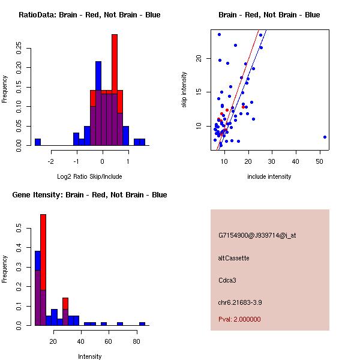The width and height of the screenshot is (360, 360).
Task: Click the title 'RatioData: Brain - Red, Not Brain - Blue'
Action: coord(89,15)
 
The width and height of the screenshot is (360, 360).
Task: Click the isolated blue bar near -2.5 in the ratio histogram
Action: coord(37,142)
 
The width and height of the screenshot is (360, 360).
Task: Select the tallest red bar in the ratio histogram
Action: coord(115,90)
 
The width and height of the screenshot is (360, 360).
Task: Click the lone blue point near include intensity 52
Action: coord(325,137)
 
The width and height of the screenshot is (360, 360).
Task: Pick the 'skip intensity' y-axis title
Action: coord(184,90)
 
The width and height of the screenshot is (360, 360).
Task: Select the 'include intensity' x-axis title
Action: coord(269,176)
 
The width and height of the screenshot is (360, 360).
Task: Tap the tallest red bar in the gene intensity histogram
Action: coord(43,270)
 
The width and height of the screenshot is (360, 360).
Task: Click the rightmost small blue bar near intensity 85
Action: coord(142,323)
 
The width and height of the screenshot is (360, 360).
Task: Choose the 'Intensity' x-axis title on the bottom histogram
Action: coord(90,356)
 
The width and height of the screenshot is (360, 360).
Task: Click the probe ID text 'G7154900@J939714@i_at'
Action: coord(257,235)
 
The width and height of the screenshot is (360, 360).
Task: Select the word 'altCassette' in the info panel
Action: coord(234,258)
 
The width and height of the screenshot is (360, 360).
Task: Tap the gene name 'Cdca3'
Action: coord(227,280)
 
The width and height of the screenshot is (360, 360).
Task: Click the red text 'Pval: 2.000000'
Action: coord(239,319)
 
